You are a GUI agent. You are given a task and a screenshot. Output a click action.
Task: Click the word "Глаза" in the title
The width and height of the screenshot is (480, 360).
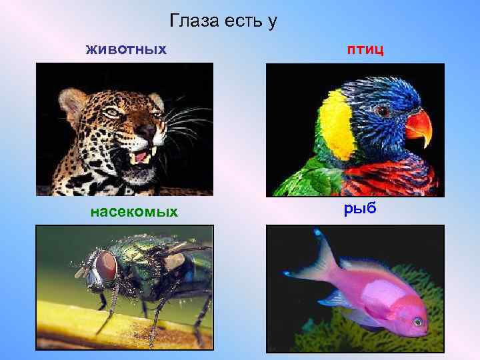[192, 21]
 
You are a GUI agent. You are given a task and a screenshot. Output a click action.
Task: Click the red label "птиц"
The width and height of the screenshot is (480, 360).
[364, 49]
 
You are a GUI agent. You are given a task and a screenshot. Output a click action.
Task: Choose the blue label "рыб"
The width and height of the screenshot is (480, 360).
[361, 209]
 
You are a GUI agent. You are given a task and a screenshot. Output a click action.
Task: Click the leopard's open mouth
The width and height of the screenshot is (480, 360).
[141, 159]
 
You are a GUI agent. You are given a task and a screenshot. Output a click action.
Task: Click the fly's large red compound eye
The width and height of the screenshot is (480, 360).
[105, 267]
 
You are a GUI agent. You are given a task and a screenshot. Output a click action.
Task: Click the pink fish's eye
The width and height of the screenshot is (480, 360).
[417, 322]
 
